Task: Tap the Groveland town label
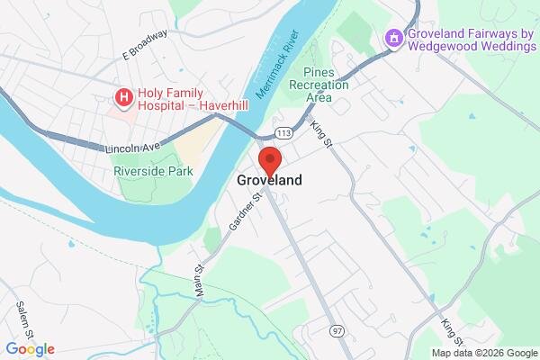pyautogui.click(x=270, y=180)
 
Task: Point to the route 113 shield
pyautogui.click(x=284, y=133)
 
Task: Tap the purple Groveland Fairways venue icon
pyautogui.click(x=392, y=39)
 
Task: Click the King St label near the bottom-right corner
pyautogui.click(x=452, y=331)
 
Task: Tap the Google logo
pyautogui.click(x=30, y=349)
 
